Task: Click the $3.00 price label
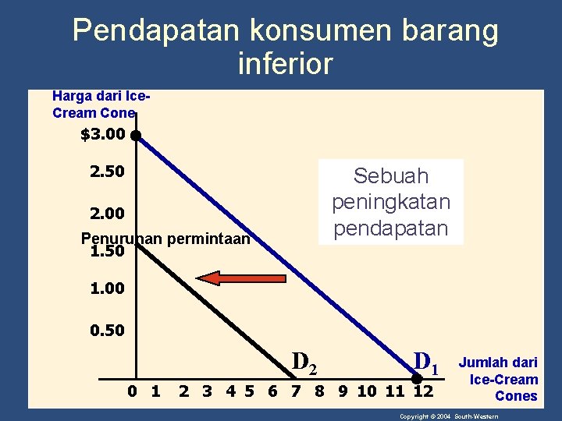click(x=102, y=135)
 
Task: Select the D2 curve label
click(x=304, y=361)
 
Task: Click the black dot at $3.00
click(x=136, y=135)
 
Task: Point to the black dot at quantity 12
click(x=417, y=381)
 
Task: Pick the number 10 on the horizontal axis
click(x=367, y=390)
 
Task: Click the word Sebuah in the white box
click(x=391, y=175)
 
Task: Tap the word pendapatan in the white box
click(x=391, y=228)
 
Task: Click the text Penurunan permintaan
click(x=165, y=239)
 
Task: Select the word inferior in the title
click(x=285, y=63)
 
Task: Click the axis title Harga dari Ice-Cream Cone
click(x=100, y=104)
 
